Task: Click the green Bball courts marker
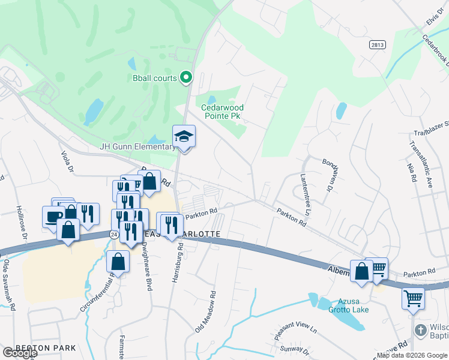pos(186,77)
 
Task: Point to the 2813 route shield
pos(377,45)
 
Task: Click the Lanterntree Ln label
pos(305,194)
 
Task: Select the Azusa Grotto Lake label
pos(348,305)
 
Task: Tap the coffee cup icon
pos(53,215)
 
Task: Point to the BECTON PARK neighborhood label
pos(46,348)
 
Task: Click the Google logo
pos(20,353)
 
